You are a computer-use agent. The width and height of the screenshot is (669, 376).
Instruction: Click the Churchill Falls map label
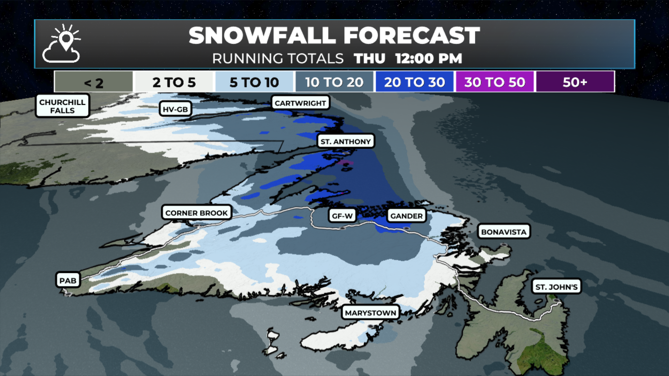(62, 106)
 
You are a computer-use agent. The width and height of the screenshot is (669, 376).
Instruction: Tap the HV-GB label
(175, 109)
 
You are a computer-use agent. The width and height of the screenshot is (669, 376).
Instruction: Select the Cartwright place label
(300, 103)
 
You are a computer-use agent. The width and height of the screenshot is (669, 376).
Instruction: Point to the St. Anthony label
(345, 141)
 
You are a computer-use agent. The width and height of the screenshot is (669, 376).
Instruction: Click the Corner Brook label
(197, 213)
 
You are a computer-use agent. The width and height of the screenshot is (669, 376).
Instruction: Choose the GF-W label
(342, 216)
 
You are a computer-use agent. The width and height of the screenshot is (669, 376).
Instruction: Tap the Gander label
(406, 216)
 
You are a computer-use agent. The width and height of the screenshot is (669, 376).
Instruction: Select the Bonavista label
(503, 232)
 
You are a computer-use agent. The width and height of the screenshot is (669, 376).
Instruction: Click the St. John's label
(556, 287)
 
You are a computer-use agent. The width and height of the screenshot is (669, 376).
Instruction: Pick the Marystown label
(370, 313)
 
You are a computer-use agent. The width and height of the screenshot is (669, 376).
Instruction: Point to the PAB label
(68, 281)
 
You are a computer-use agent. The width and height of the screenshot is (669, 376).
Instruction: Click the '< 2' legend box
(93, 82)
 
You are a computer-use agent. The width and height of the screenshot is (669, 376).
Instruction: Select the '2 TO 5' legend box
(174, 82)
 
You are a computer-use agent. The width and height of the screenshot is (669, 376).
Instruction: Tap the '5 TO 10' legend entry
(254, 82)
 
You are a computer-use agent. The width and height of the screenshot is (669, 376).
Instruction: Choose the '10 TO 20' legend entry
(334, 82)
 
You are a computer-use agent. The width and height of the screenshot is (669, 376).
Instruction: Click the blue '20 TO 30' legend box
(414, 82)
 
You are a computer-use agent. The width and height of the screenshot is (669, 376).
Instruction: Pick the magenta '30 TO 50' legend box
(494, 82)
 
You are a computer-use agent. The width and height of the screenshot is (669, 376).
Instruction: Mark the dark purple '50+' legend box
(575, 82)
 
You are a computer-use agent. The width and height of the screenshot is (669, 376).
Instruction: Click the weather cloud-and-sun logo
(62, 44)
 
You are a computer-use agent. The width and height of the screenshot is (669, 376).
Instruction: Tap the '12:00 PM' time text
(429, 58)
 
